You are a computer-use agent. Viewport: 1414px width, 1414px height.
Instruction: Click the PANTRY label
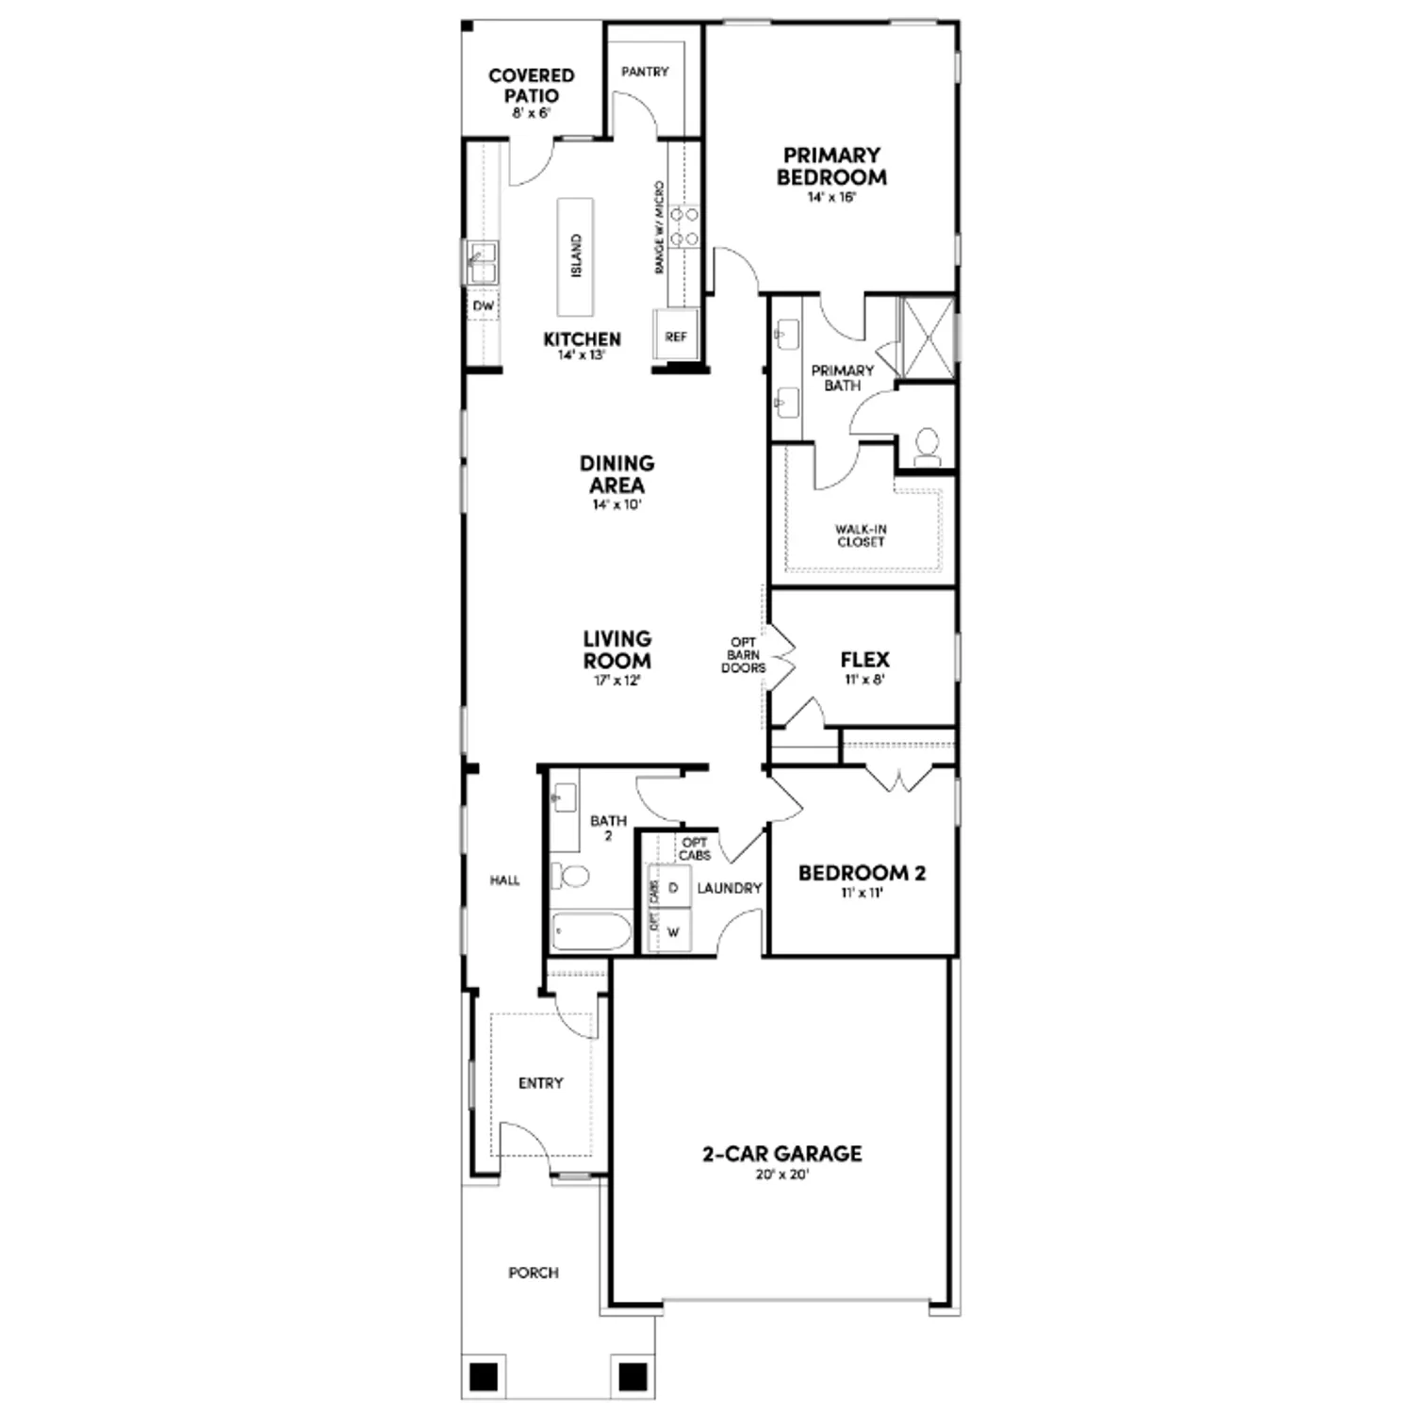pos(645,72)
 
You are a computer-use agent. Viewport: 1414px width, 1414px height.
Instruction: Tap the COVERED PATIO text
pos(532,86)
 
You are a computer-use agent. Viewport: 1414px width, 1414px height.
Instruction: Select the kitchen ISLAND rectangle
pos(575,256)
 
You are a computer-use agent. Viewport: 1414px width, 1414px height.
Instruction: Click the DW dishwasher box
pos(483,306)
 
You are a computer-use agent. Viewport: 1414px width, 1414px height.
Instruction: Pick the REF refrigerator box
pos(676,337)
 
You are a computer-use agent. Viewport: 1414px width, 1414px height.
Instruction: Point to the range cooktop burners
pos(684,227)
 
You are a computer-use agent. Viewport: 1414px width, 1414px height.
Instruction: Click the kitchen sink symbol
pos(482,262)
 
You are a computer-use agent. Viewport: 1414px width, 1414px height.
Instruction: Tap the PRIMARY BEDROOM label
pos(831,166)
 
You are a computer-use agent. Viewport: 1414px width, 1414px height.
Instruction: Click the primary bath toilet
pos(927,447)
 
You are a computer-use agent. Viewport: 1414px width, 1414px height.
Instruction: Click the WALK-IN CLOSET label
pos(861,535)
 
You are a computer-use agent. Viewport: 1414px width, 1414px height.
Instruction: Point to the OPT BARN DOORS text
pos(743,655)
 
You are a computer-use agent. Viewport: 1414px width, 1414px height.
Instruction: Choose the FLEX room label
pos(864,660)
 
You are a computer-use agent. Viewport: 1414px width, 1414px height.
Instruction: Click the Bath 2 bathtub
pos(591,931)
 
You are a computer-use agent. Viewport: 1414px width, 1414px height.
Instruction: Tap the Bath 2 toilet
pos(568,876)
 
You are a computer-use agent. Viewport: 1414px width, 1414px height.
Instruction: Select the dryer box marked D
pos(673,888)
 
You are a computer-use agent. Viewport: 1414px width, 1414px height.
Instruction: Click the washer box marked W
pos(673,932)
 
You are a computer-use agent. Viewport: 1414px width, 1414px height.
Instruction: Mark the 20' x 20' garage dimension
pos(781,1175)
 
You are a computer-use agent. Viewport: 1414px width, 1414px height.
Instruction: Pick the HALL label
pos(504,880)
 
